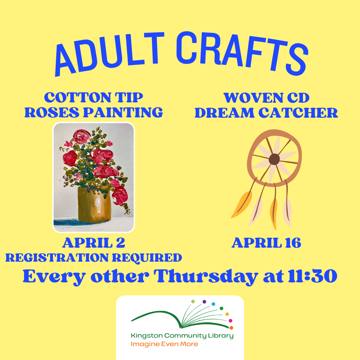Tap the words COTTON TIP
tap(94, 97)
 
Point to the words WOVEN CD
tap(266, 98)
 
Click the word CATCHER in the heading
tap(299, 113)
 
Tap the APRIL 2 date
tap(94, 243)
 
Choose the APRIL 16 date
tap(266, 243)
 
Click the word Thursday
tap(207, 277)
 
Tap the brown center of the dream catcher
tap(274, 159)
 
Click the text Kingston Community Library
tap(182, 336)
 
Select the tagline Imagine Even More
tap(164, 344)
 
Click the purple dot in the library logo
tap(204, 302)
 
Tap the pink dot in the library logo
tap(230, 321)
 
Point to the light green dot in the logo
tap(193, 301)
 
